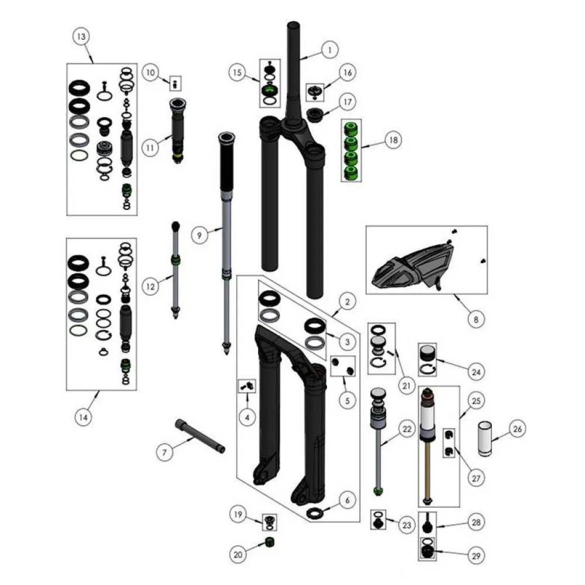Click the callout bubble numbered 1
point(330,50)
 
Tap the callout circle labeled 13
point(81,36)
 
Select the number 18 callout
point(394,140)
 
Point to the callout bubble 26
point(518,429)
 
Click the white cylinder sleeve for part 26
point(485,439)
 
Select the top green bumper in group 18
point(350,129)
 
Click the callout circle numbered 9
point(199,235)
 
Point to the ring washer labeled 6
point(315,513)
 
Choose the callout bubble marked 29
point(476,556)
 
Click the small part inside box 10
point(175,84)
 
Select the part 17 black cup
point(315,114)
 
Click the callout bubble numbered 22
point(407,429)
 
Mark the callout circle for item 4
point(247,417)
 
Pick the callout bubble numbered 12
point(150,287)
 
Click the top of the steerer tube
point(294,25)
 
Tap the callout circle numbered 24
point(476,372)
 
